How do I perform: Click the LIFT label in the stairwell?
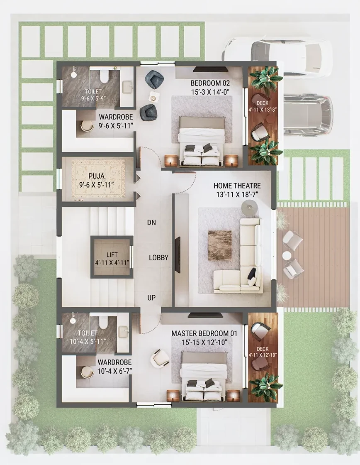[112, 255]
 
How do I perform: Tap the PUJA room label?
[97, 176]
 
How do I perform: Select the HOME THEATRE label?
[237, 186]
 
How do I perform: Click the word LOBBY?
[158, 258]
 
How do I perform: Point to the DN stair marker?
[151, 223]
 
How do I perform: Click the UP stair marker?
[151, 297]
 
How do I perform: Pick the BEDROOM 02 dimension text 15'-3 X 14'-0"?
[210, 92]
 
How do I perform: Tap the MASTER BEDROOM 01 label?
[204, 334]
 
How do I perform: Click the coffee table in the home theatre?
[220, 245]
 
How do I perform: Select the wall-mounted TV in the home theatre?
[178, 255]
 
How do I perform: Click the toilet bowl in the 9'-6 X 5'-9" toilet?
[104, 76]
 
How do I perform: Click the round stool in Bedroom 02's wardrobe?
[86, 126]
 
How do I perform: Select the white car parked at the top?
[277, 57]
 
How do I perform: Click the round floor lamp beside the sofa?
[249, 208]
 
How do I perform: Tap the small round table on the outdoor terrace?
[287, 255]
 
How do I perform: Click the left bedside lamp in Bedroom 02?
[170, 161]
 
